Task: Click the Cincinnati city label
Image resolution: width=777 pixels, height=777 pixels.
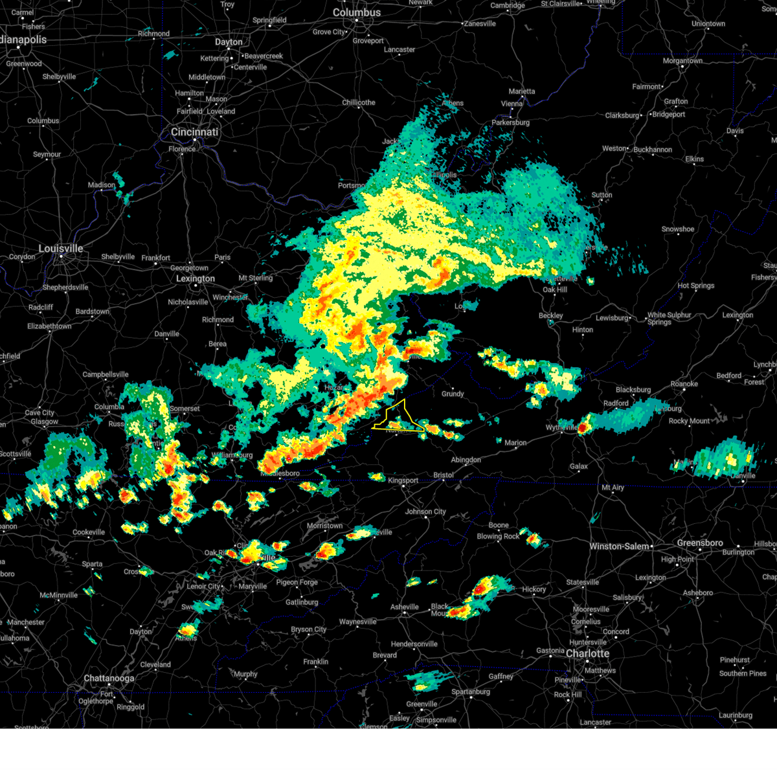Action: point(194,132)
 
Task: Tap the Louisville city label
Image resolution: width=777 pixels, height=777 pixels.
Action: point(61,249)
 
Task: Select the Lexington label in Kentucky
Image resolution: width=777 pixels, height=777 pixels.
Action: point(196,278)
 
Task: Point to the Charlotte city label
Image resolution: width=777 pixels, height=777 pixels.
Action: point(587,653)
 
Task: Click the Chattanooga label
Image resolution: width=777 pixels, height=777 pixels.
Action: point(109,679)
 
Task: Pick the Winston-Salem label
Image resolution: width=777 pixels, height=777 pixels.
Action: point(619,546)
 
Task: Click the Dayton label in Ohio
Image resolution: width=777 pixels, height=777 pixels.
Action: point(229,42)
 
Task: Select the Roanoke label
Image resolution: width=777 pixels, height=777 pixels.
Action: point(684,384)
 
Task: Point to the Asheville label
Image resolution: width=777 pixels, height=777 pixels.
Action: point(405,607)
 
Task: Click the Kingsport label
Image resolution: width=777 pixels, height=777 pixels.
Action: point(403,480)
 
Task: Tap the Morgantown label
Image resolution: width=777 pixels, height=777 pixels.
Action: point(682,61)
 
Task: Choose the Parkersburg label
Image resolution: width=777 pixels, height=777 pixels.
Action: point(511,122)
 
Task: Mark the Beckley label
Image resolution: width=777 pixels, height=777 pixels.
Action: point(551,316)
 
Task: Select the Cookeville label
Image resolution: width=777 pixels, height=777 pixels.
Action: point(89,532)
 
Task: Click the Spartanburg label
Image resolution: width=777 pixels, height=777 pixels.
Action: point(471,692)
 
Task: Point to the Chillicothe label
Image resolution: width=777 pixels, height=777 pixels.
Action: point(359,102)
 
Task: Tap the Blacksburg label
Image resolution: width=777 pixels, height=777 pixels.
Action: point(633,390)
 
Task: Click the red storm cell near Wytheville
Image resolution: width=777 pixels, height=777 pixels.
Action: point(583,427)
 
